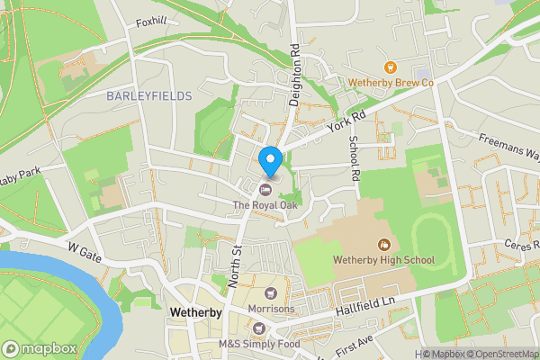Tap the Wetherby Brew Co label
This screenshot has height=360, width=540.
click(x=391, y=83)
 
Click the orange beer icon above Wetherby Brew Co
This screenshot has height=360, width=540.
click(x=391, y=67)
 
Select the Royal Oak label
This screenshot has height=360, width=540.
click(x=266, y=205)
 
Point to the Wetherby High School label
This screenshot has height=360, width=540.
click(x=383, y=260)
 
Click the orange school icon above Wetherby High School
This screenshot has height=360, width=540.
click(x=383, y=244)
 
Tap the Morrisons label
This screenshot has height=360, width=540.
click(x=270, y=309)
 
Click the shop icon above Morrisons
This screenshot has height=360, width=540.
click(x=270, y=293)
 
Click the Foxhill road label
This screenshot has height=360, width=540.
click(x=150, y=22)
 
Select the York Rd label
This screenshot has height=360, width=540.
click(x=346, y=117)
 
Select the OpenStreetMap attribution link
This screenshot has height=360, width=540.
click(x=499, y=354)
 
